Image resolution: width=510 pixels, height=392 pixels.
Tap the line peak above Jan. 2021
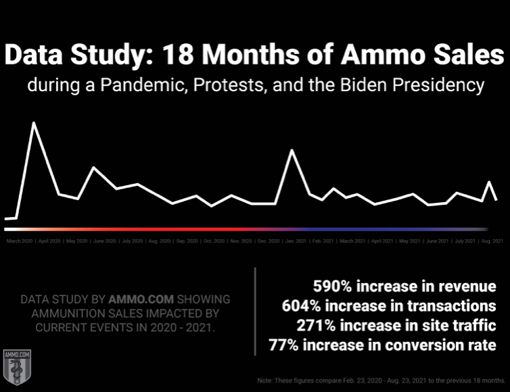coord(292,150)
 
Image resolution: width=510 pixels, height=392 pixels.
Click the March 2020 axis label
coord(19,241)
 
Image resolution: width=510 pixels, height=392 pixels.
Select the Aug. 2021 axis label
coord(492,241)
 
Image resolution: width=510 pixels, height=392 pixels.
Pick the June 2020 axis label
coord(104,241)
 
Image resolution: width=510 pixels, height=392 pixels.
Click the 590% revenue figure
coord(331,286)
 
